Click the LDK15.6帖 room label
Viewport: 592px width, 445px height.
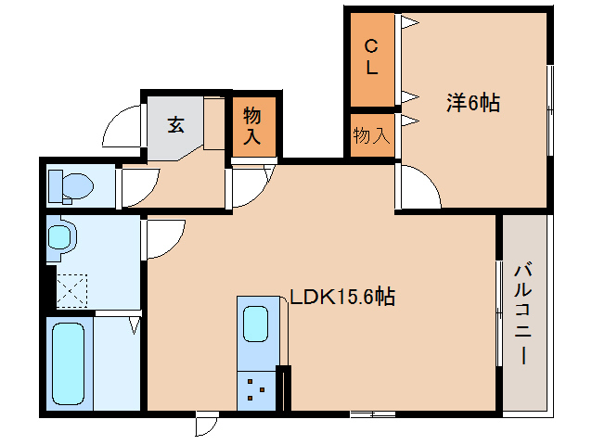(x=342, y=298)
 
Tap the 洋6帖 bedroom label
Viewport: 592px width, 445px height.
(x=472, y=103)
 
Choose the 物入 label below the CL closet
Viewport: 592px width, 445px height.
(x=371, y=135)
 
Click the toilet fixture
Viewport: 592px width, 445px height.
(x=71, y=186)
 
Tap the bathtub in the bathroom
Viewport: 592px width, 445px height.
(x=69, y=362)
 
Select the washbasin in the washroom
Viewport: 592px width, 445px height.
(x=61, y=237)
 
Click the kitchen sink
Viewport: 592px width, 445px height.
(x=258, y=325)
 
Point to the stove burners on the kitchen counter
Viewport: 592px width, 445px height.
(x=257, y=390)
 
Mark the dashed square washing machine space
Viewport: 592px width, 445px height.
(x=71, y=290)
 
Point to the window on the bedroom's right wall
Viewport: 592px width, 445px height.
(x=551, y=102)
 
